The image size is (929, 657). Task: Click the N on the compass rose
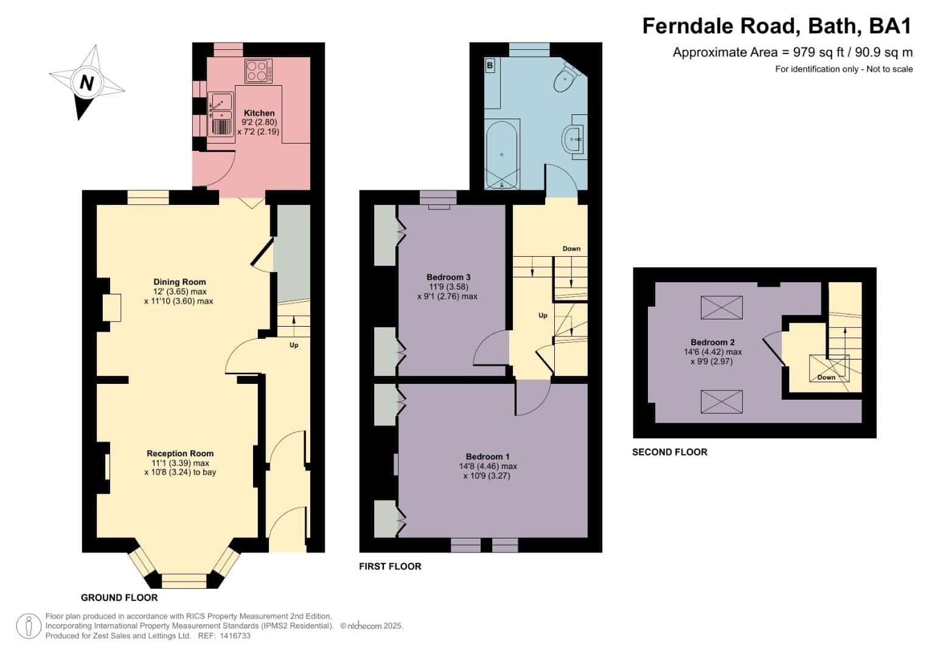pos(86,83)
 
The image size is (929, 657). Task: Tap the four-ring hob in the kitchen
pos(259,71)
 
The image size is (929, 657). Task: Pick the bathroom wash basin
pos(574,140)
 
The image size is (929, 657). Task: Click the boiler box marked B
pos(490,66)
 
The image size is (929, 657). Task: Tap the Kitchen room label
pos(259,113)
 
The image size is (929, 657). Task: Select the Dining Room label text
pos(179,282)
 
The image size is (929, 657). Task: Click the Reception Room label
pos(180,453)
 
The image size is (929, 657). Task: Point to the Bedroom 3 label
pos(448,277)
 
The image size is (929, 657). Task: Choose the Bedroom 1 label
pos(488,457)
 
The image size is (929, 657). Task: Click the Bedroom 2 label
pos(712,342)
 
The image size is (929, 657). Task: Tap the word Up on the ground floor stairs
pos(294,345)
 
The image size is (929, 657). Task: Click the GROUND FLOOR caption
pos(119,597)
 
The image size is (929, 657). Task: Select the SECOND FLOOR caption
pos(670,452)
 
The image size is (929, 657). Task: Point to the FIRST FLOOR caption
pos(390,566)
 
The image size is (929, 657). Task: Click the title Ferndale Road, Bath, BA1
pos(777,26)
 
